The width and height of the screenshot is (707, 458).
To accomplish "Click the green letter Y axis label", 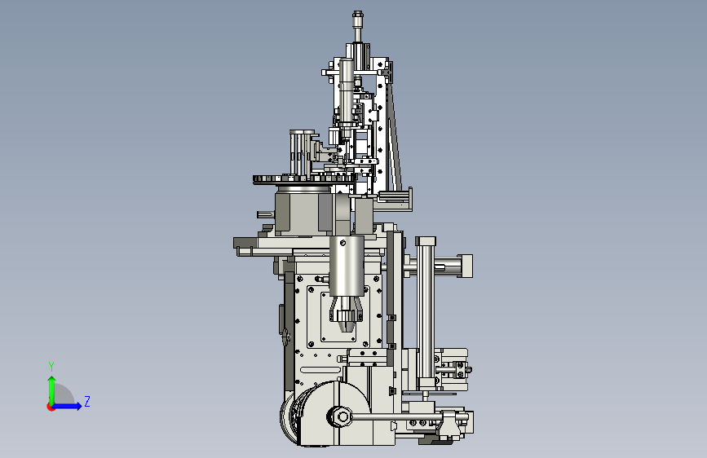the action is [51, 367].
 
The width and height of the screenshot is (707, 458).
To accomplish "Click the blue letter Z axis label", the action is [87, 401].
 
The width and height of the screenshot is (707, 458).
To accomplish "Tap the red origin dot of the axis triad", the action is [51, 407].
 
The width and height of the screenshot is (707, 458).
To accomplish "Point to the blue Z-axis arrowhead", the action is [78, 406].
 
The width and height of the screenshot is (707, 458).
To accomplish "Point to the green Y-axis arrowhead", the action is [52, 380].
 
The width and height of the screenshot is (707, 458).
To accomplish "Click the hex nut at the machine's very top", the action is [358, 16].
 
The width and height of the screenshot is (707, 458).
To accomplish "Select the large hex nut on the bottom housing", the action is [341, 416].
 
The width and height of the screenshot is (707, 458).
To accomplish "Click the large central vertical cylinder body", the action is [347, 266].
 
